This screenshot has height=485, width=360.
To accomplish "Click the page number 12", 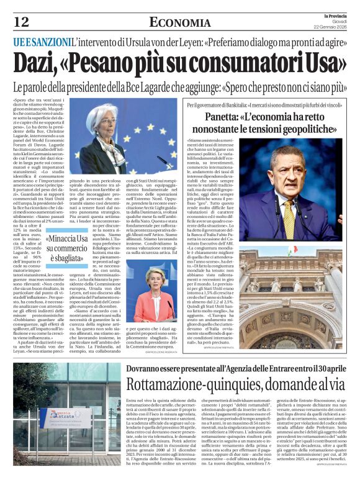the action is click(x=21, y=22).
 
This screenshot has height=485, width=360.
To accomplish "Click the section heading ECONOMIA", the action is click(x=179, y=23).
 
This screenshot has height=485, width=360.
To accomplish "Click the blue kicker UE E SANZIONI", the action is click(x=43, y=42).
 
